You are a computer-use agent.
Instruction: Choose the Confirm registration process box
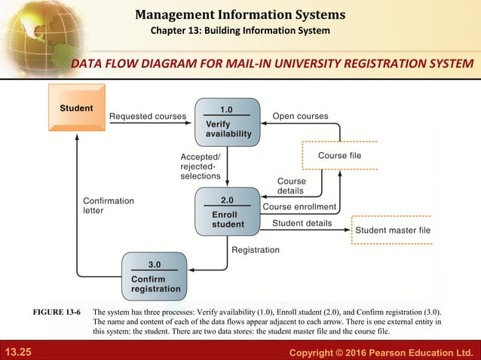coord(155,276)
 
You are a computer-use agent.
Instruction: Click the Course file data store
coord(339,155)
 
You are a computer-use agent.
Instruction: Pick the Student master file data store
coord(392,230)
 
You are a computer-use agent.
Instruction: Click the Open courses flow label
coord(300,117)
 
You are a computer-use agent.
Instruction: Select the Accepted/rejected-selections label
coord(200,166)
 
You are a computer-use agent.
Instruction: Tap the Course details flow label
coord(291,186)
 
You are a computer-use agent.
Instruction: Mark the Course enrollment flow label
coord(299,207)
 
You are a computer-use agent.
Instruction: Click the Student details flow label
coord(302,223)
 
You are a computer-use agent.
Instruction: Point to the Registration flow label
coord(255,250)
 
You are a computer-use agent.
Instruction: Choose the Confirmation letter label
coord(109,206)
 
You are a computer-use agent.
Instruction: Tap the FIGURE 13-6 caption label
coord(57,311)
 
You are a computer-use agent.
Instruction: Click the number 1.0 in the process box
coord(226,110)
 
